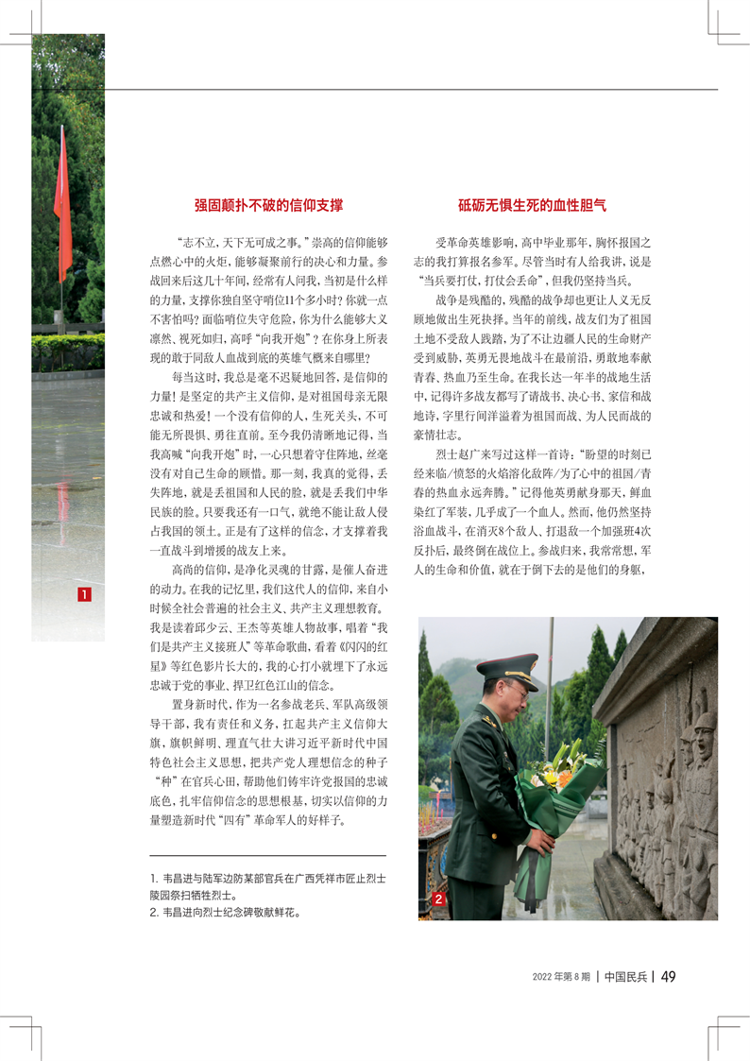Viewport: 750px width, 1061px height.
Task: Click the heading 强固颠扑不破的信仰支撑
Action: [268, 204]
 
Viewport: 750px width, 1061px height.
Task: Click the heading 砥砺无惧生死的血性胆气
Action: [532, 204]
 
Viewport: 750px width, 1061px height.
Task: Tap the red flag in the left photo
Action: [62, 208]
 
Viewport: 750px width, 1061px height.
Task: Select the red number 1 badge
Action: [84, 594]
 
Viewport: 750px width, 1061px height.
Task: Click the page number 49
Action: [667, 976]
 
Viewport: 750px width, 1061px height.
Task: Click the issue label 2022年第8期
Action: [561, 976]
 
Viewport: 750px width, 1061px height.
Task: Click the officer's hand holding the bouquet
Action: [541, 840]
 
